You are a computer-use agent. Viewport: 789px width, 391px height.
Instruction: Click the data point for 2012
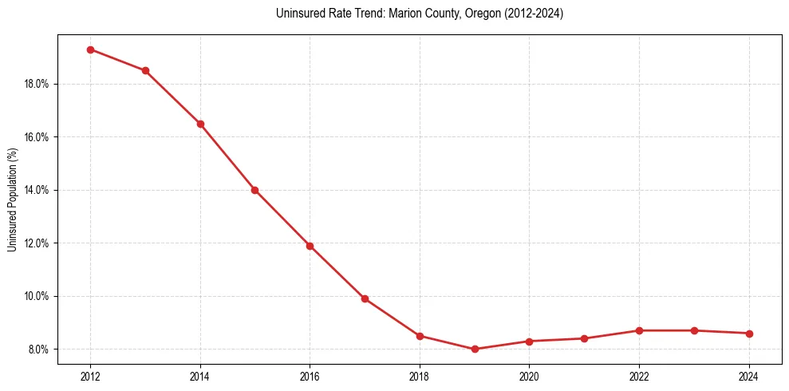90,49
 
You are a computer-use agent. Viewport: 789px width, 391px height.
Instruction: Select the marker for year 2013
145,70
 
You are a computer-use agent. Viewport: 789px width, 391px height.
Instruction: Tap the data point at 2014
200,124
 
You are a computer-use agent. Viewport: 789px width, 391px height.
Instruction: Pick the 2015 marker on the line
254,190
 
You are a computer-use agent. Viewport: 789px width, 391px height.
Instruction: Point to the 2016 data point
310,246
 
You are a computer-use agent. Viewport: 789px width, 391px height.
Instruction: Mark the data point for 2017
365,298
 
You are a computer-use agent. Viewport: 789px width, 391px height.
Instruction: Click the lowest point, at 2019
475,349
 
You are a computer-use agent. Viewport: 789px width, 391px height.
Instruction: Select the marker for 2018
420,336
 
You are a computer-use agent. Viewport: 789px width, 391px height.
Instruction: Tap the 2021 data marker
584,338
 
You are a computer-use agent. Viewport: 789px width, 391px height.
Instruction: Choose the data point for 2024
749,334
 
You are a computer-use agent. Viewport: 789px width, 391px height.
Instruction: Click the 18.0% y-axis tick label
37,84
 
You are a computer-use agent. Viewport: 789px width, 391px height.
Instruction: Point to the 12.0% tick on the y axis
37,243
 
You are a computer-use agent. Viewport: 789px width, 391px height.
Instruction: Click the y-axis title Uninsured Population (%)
12,199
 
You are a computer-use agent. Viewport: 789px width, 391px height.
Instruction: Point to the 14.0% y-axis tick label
37,190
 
